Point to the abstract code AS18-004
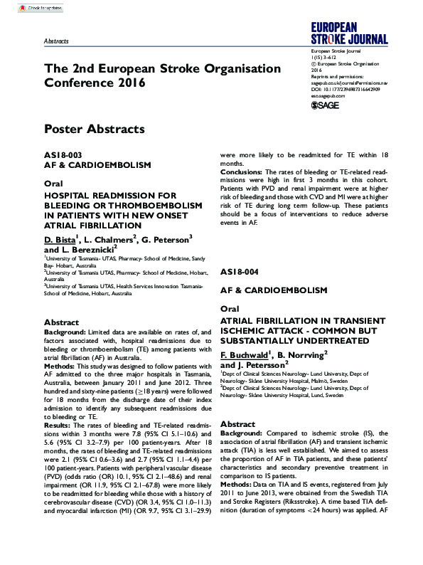click(x=240, y=273)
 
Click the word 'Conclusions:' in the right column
click(x=242, y=171)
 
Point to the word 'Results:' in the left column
click(x=59, y=425)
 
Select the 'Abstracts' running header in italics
click(x=56, y=42)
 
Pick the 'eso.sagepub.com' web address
click(x=328, y=95)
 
